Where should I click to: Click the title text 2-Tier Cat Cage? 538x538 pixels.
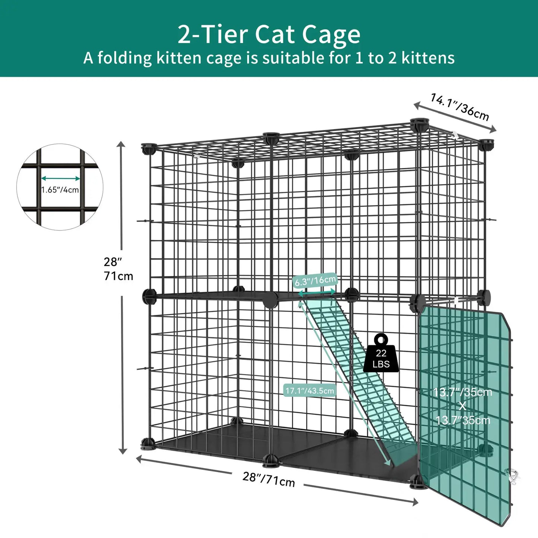click(269, 34)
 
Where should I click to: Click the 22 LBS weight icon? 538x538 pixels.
click(381, 354)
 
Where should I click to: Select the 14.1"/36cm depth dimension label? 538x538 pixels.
click(459, 107)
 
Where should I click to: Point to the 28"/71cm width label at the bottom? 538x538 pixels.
click(268, 479)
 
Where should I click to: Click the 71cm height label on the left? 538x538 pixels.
click(118, 276)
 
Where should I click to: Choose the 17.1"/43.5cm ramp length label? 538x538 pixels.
click(309, 391)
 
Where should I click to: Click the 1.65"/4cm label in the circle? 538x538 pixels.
click(60, 190)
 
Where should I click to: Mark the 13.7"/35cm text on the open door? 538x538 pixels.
click(462, 392)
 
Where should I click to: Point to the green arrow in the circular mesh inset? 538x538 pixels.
click(60, 179)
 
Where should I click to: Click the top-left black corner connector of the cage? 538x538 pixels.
click(148, 149)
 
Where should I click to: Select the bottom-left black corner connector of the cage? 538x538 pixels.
click(147, 444)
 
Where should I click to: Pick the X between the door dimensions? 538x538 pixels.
click(462, 406)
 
